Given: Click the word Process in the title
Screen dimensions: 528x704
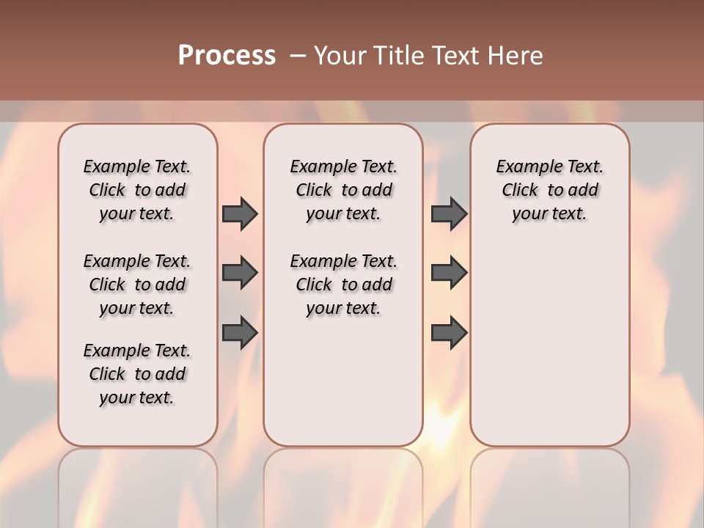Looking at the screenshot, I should pyautogui.click(x=227, y=56).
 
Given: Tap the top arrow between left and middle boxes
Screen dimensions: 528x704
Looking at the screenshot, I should pyautogui.click(x=240, y=213).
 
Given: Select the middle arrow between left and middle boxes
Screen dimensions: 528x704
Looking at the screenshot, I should pyautogui.click(x=240, y=273).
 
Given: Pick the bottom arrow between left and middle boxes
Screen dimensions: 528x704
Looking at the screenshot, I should pyautogui.click(x=240, y=333).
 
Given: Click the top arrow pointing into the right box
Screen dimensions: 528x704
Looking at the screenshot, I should pyautogui.click(x=449, y=213).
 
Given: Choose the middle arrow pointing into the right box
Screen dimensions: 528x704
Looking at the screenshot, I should pyautogui.click(x=449, y=273).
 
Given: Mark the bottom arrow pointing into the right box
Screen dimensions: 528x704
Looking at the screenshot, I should pyautogui.click(x=449, y=333).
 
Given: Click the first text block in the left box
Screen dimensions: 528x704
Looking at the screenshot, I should pyautogui.click(x=137, y=190).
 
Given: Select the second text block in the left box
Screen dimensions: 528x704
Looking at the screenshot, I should pyautogui.click(x=137, y=285).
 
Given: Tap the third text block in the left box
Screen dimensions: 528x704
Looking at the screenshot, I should pyautogui.click(x=137, y=374).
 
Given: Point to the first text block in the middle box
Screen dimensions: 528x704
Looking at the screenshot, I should pyautogui.click(x=343, y=190).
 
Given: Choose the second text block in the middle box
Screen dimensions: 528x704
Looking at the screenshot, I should pyautogui.click(x=343, y=285).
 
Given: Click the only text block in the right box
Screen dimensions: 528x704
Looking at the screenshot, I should pyautogui.click(x=549, y=190).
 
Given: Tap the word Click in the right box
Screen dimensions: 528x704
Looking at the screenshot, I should pyautogui.click(x=520, y=191).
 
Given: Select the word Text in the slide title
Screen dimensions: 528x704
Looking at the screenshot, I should pyautogui.click(x=456, y=56).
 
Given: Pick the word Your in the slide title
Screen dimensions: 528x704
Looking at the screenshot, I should pyautogui.click(x=340, y=56).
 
